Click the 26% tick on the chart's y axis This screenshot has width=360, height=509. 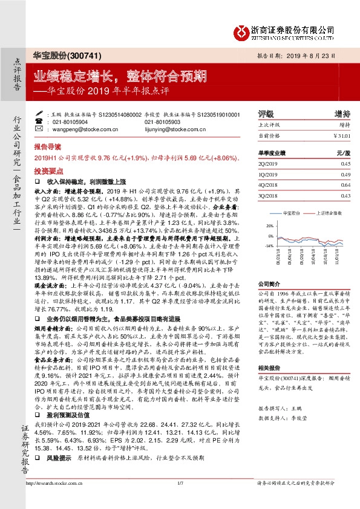pyautogui.click(x=269, y=225)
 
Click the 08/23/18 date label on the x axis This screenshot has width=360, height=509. pyautogui.click(x=278, y=258)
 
